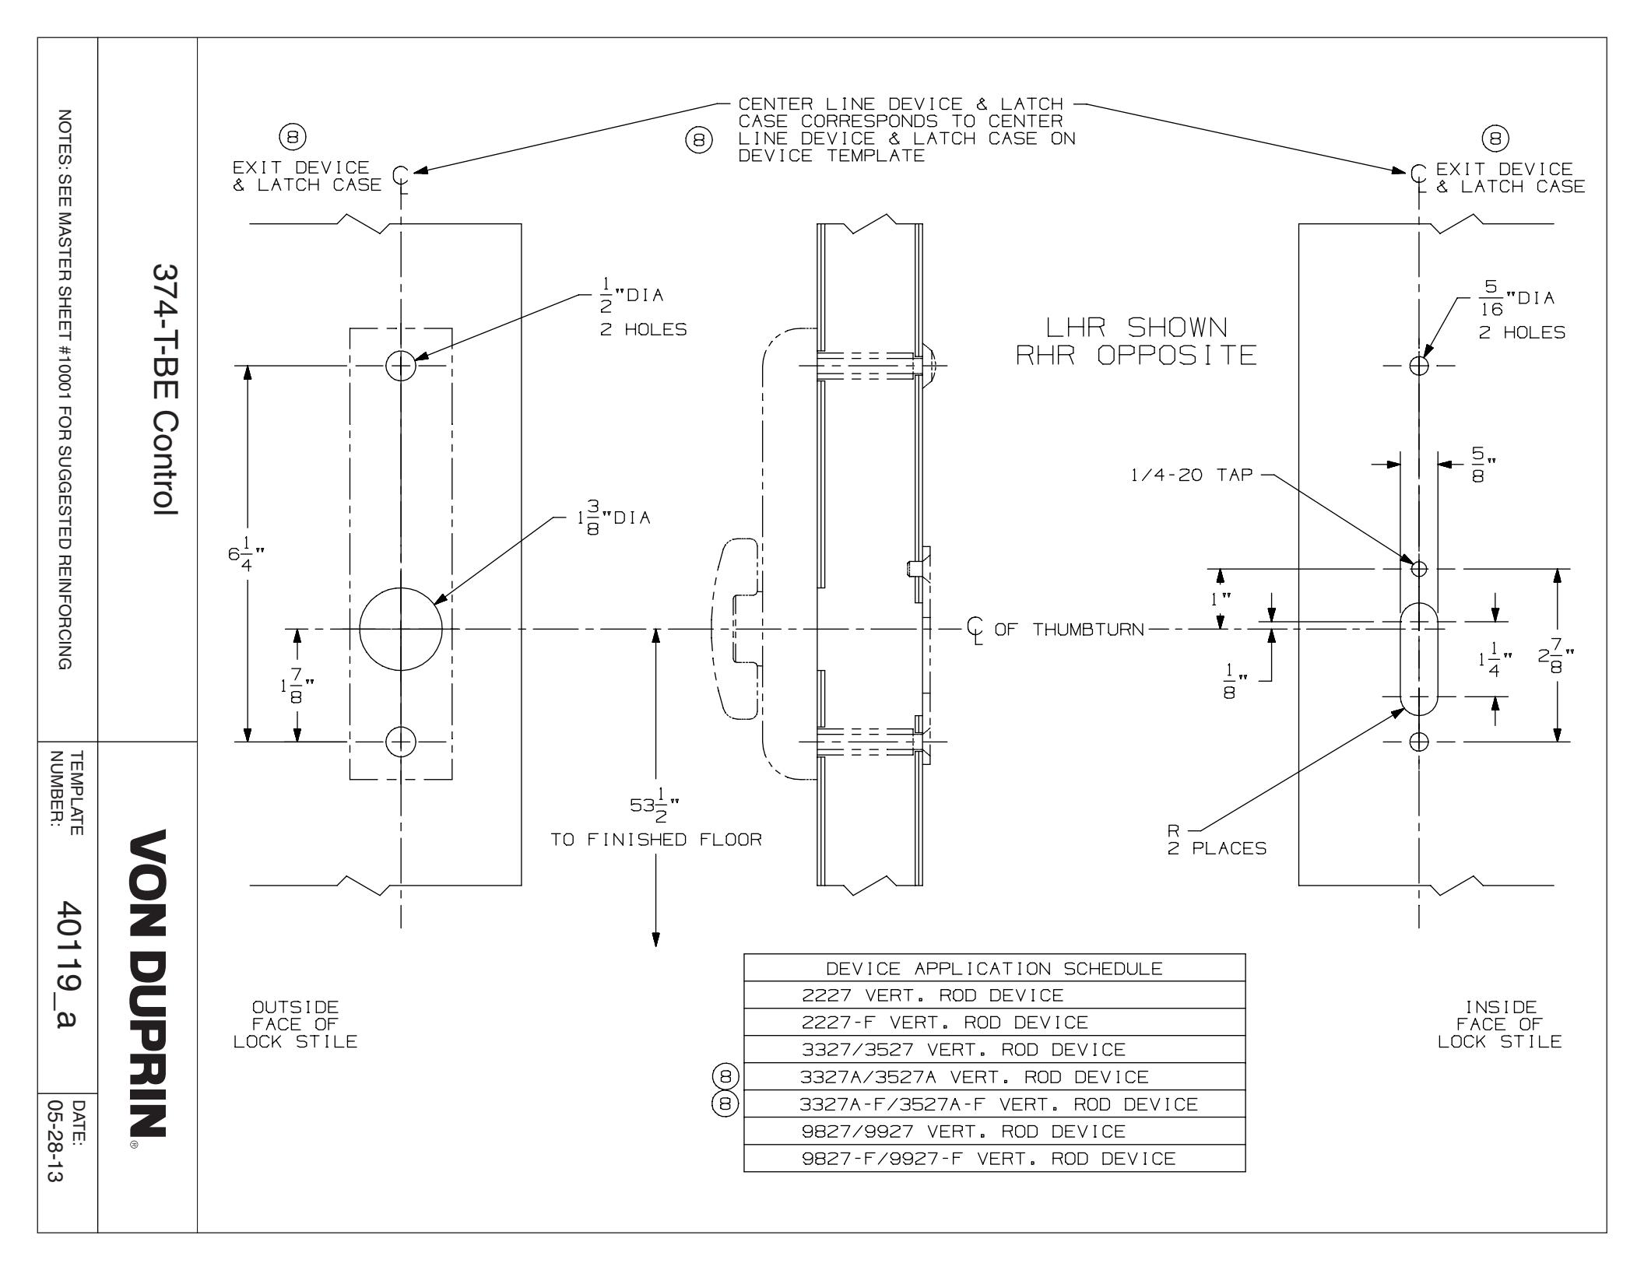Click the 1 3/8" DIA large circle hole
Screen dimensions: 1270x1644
coord(400,629)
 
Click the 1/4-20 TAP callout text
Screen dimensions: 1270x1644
coord(1191,475)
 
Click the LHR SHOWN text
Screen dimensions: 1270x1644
coord(1136,328)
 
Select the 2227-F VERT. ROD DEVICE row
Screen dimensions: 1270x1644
coord(944,1022)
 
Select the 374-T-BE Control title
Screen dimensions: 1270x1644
coord(164,389)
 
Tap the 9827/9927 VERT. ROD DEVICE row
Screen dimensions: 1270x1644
coord(963,1131)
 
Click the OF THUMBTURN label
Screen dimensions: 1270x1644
coord(1068,629)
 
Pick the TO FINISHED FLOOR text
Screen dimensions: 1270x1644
coord(656,840)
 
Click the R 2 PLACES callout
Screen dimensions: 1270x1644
coord(1215,840)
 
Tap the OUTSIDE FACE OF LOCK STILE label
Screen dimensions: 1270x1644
coord(295,1024)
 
